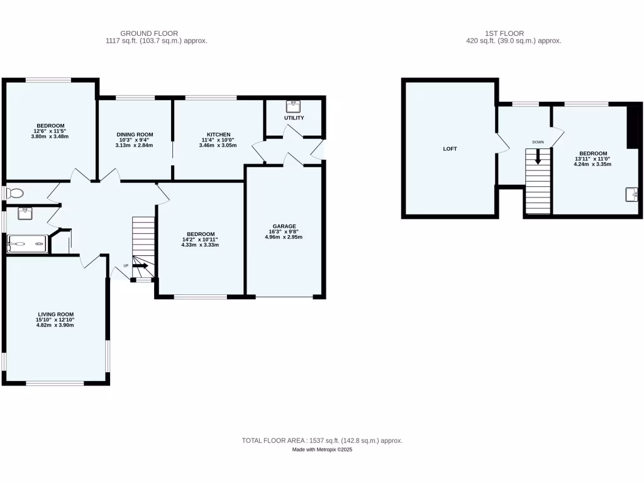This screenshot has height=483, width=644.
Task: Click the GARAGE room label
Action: pyautogui.click(x=284, y=226)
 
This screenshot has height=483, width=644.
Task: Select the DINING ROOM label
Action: pyautogui.click(x=135, y=135)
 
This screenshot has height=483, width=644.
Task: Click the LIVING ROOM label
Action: pyautogui.click(x=55, y=314)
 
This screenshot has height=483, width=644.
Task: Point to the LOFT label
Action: pyautogui.click(x=450, y=149)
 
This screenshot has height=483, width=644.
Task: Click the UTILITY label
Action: pyautogui.click(x=294, y=118)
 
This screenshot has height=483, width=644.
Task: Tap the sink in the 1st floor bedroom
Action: pyautogui.click(x=632, y=195)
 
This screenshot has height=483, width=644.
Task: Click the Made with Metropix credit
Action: pyautogui.click(x=322, y=450)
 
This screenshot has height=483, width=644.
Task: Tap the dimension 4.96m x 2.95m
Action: pyautogui.click(x=284, y=237)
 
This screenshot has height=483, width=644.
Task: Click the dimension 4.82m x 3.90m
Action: pyautogui.click(x=55, y=326)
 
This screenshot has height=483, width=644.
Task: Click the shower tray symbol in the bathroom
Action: pyautogui.click(x=27, y=243)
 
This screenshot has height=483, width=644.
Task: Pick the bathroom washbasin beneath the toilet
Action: pyautogui.click(x=25, y=212)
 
